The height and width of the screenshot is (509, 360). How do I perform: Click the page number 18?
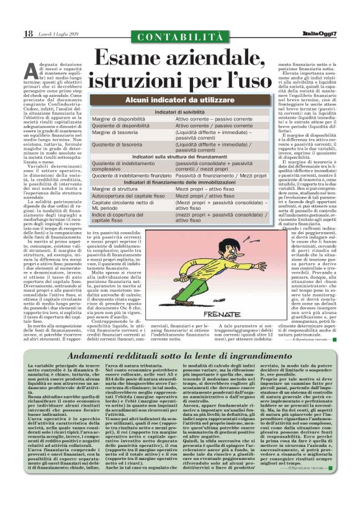click(28, 34)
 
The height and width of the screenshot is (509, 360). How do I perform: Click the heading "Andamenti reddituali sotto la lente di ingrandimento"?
click(179, 355)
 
